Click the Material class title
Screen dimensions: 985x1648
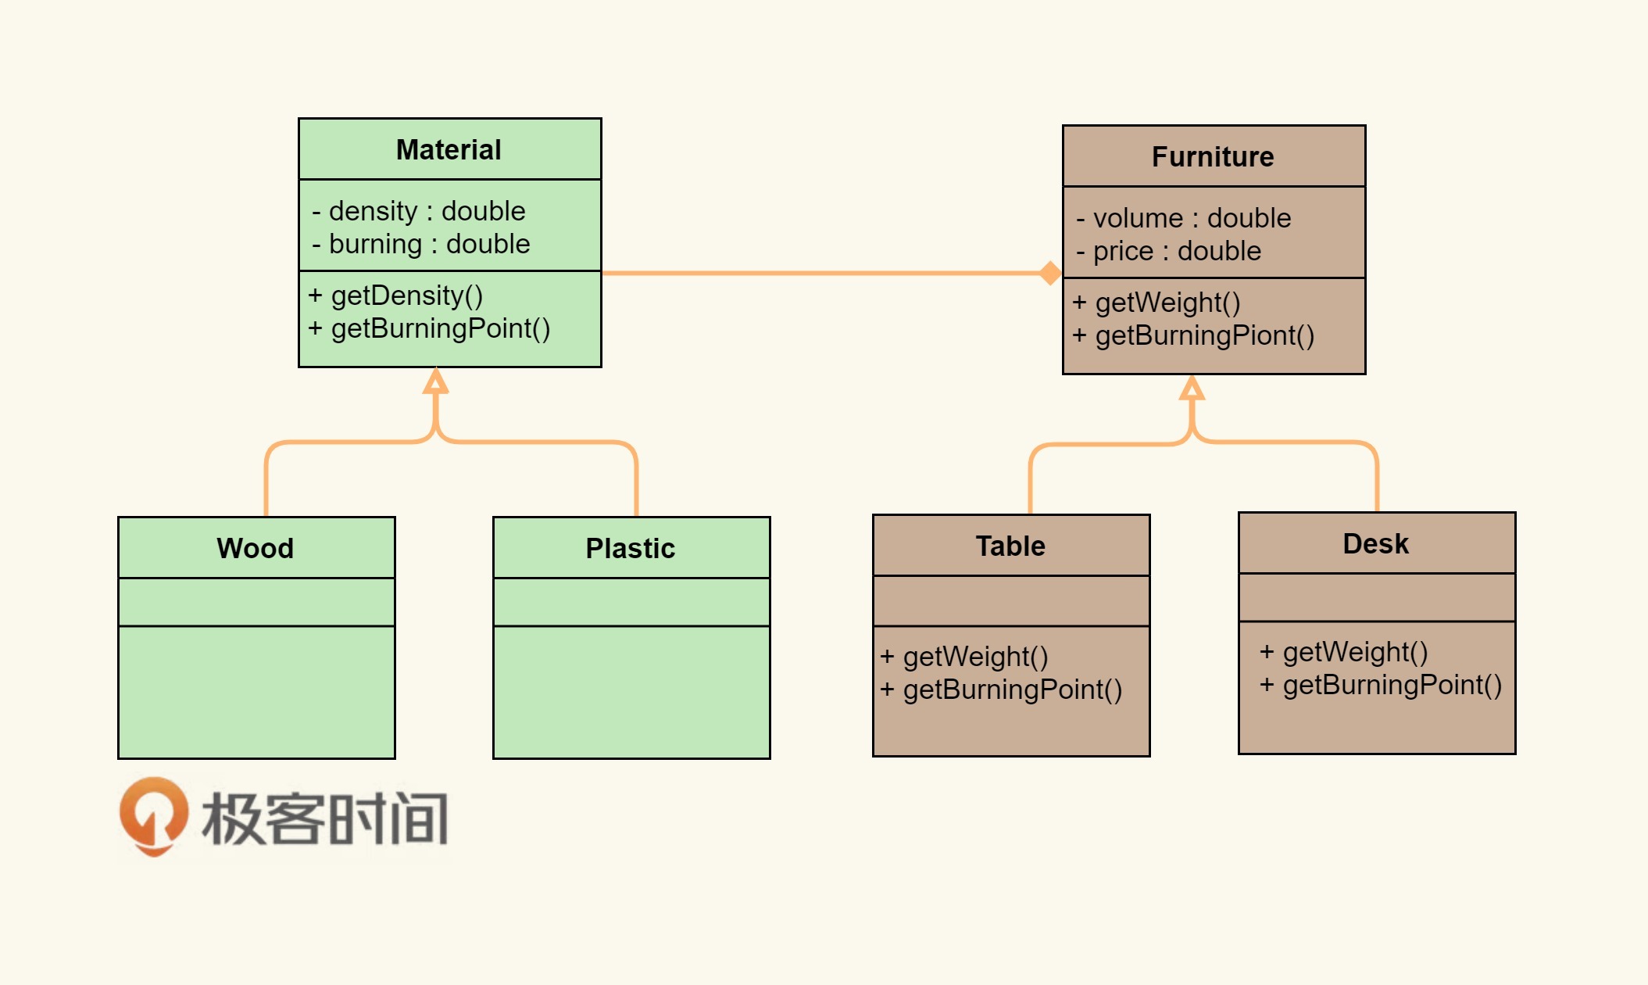point(449,149)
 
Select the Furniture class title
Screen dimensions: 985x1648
point(1213,156)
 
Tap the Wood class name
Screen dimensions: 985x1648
point(256,548)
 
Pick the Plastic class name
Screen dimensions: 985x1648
point(631,548)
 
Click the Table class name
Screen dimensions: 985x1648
point(1010,546)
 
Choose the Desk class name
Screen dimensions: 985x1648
point(1376,543)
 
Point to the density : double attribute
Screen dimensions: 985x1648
point(420,211)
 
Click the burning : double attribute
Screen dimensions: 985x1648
point(422,244)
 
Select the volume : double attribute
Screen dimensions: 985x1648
point(1185,218)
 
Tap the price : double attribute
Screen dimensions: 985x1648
point(1170,251)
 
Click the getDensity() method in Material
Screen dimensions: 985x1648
point(396,295)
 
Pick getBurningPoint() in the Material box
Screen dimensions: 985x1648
point(430,328)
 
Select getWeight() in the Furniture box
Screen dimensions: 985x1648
point(1157,303)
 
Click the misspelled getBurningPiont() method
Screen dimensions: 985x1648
point(1194,335)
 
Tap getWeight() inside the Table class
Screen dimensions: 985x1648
point(965,657)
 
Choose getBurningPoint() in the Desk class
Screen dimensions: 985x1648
point(1381,685)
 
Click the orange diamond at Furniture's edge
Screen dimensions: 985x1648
point(1050,273)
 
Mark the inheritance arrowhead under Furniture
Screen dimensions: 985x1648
point(1192,388)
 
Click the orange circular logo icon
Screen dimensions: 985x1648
point(154,815)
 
